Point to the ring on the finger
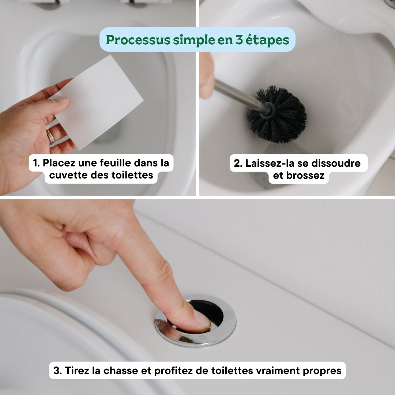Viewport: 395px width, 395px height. click(x=50, y=137)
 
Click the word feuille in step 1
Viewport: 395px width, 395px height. click(x=101, y=163)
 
